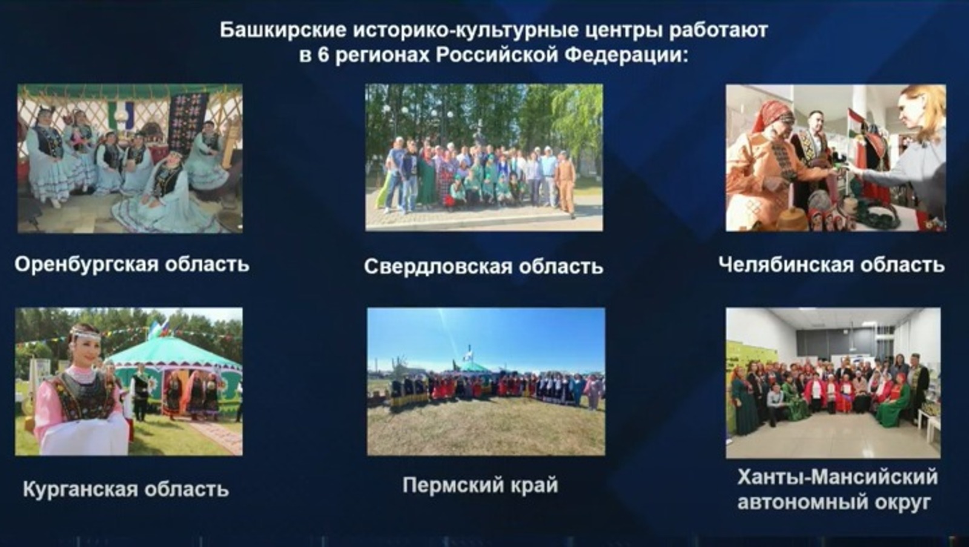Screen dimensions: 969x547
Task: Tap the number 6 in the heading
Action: coord(323,55)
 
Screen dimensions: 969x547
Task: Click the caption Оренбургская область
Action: coord(132,264)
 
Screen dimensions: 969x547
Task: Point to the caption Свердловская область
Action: coord(484,267)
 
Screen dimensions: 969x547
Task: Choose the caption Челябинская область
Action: coord(832,265)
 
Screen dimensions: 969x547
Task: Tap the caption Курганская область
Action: coord(126,489)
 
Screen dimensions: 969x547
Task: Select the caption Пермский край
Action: coord(480,485)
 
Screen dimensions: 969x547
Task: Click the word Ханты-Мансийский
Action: coord(838,477)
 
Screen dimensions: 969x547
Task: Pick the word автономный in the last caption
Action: coord(797,503)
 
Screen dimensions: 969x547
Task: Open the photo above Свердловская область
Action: coord(484,157)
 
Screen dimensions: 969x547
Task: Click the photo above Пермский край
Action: coord(486,381)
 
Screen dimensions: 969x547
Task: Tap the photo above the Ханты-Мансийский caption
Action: coord(833,383)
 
